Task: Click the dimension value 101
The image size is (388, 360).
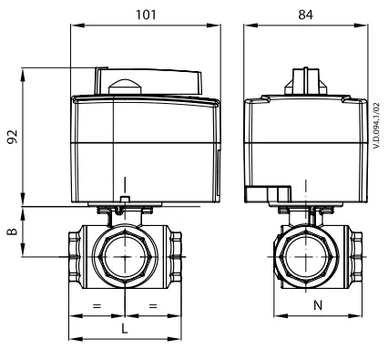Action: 146,15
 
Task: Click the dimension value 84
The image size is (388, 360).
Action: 305,15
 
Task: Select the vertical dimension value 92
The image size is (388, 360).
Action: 13,137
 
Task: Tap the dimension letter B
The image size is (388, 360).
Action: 13,231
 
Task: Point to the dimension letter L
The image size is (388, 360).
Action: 125,328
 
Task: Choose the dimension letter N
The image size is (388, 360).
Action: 318,305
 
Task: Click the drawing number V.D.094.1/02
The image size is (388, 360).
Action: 377,125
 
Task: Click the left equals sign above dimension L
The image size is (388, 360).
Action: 97,305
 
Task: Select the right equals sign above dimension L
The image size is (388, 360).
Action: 153,305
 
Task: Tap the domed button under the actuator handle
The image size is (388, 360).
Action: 125,87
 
